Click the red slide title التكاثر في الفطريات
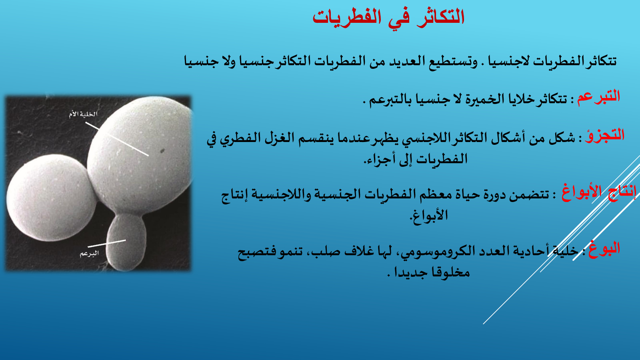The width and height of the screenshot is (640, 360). tap(388, 18)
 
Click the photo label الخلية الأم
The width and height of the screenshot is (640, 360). tap(83, 114)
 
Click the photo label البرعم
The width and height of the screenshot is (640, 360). tap(89, 254)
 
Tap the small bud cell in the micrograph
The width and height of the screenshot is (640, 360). tap(126, 242)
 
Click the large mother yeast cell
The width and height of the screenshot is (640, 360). tap(140, 154)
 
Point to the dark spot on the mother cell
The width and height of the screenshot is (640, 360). tap(162, 150)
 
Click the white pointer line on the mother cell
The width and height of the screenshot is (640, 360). tap(117, 139)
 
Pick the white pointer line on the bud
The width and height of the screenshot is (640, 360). tap(106, 243)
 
